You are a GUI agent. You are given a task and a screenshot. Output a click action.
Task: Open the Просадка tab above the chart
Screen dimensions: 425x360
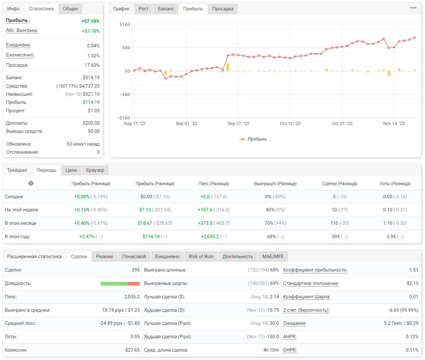222,9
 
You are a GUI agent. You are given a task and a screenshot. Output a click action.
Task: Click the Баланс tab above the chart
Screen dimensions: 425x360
166,9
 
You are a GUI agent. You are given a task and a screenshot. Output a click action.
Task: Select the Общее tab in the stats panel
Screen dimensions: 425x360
70,9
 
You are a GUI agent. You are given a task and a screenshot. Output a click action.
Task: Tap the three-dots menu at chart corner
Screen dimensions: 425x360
413,8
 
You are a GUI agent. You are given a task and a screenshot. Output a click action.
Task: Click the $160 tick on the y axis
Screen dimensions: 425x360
125,24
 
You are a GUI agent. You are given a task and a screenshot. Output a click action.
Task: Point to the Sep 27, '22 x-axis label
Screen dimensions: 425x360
238,123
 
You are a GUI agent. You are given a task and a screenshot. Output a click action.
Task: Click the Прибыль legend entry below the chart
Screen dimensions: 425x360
253,139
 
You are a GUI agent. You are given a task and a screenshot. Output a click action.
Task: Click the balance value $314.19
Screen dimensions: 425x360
91,77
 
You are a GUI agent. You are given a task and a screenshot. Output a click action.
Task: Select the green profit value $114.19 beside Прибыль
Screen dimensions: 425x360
91,102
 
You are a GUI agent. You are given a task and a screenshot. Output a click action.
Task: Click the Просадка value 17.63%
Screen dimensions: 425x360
92,65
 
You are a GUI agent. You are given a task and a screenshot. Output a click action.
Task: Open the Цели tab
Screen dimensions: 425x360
71,170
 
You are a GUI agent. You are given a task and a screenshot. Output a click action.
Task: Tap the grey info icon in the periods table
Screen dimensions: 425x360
31,183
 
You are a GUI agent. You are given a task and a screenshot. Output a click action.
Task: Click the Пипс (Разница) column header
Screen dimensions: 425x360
214,184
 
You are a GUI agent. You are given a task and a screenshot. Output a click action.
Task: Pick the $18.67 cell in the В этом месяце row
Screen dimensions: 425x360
145,223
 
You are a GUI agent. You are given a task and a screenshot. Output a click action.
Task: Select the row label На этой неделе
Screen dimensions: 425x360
22,210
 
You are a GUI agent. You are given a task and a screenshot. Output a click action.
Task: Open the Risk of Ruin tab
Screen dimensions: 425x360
201,256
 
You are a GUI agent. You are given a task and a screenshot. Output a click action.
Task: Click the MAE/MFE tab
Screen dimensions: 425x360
273,256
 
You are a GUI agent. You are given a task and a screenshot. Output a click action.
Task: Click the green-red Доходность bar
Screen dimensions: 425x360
120,284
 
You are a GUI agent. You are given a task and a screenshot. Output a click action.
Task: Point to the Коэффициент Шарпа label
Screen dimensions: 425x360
306,297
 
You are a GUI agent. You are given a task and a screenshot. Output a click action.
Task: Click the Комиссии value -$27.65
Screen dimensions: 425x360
132,350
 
